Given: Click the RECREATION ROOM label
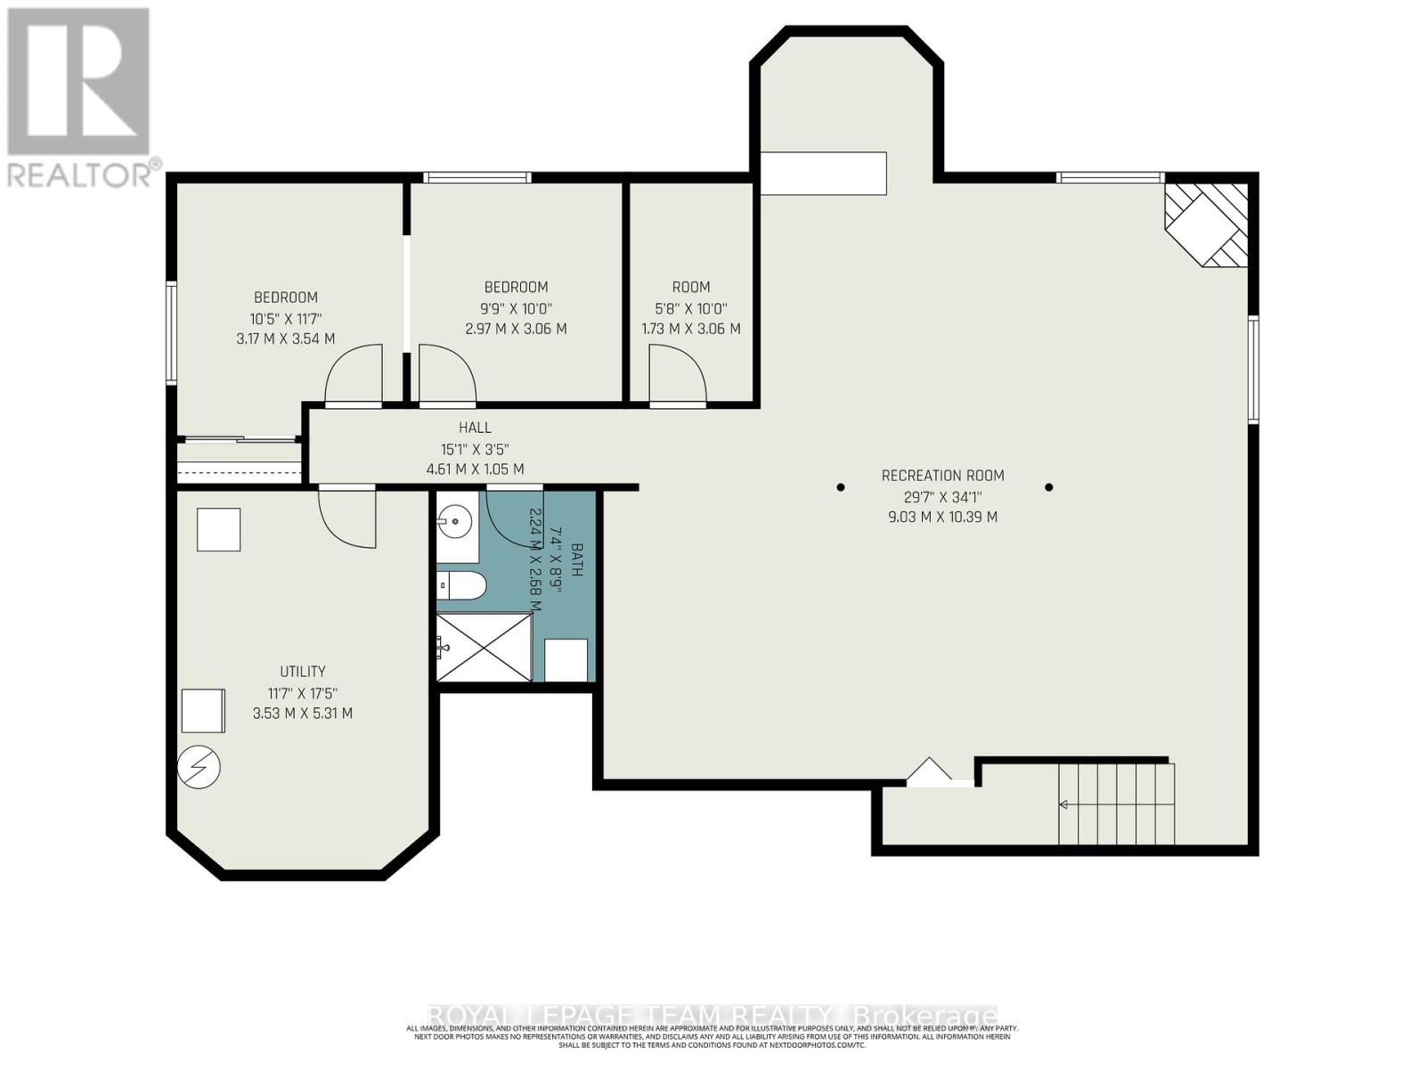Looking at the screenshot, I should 942,476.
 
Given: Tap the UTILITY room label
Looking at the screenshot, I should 303,672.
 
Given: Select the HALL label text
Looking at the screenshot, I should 475,428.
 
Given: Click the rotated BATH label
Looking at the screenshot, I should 576,560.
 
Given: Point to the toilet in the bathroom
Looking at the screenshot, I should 462,586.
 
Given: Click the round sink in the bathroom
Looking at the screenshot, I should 456,519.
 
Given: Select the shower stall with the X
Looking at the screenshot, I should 484,648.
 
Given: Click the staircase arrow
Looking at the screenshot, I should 1063,804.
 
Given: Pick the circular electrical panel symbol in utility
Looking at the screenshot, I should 199,767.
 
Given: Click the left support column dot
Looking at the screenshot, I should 841,487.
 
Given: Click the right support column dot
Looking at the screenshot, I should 1049,487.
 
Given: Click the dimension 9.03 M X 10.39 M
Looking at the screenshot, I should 942,517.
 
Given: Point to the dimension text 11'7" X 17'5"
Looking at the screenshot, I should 303,693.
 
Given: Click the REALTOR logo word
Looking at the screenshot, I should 80,175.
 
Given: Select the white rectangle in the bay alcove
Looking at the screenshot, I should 823,173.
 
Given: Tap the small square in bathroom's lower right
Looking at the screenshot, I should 566,660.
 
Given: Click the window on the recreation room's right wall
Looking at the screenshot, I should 1252,369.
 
